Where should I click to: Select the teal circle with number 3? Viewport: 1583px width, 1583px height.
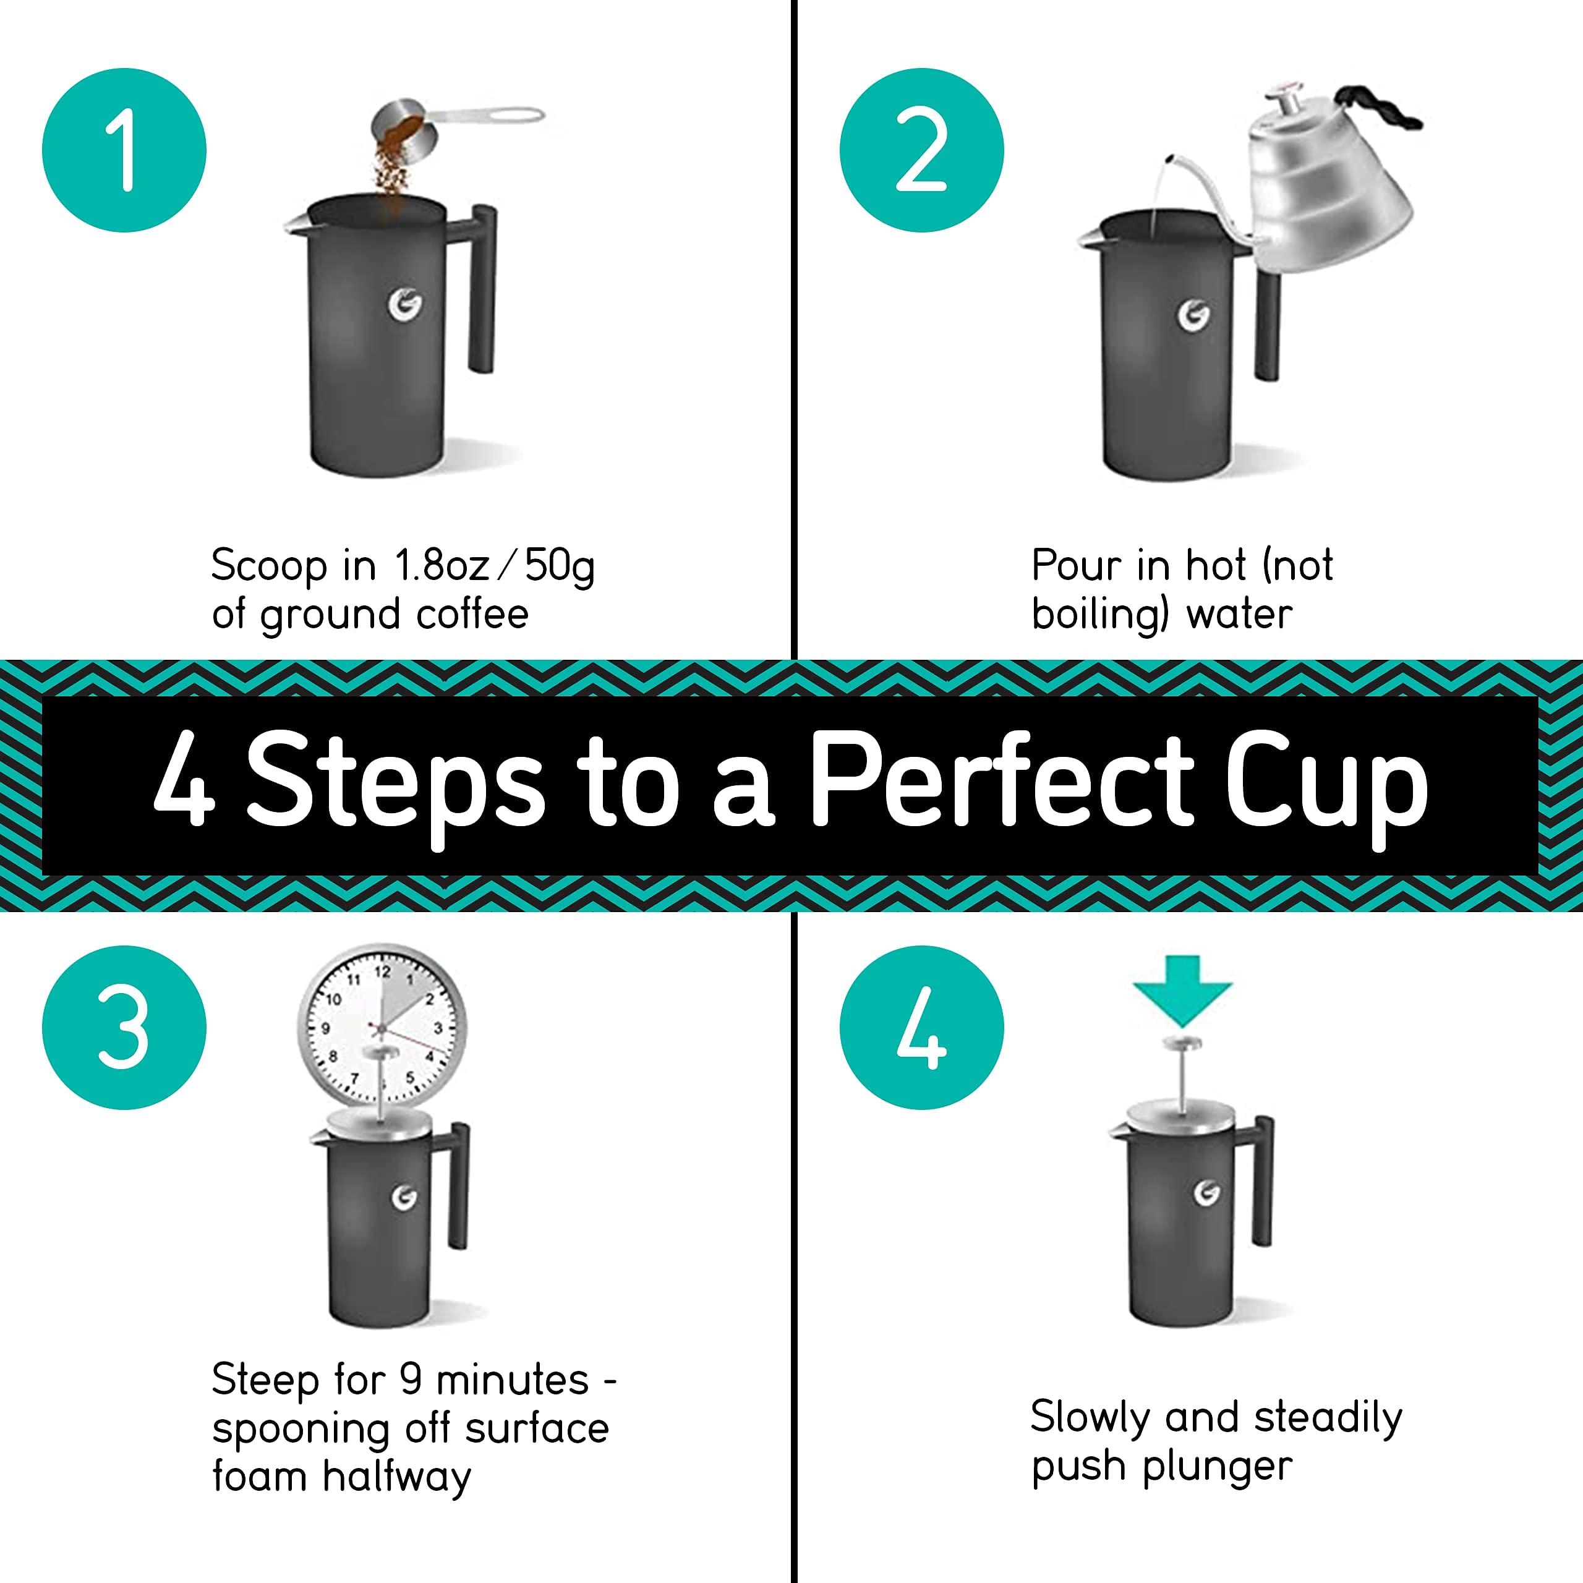(x=124, y=1028)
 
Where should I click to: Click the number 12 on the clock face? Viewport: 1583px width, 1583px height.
(x=382, y=972)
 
